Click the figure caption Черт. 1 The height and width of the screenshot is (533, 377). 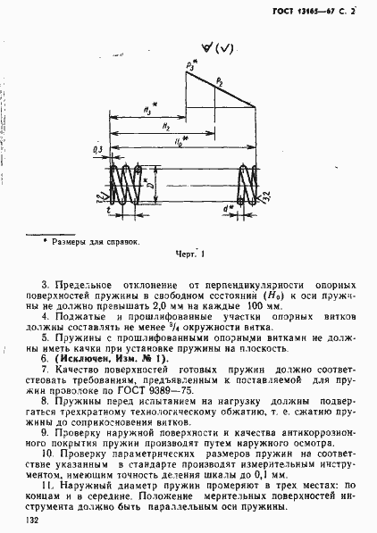(x=191, y=253)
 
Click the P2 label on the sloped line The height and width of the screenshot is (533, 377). (x=219, y=82)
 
